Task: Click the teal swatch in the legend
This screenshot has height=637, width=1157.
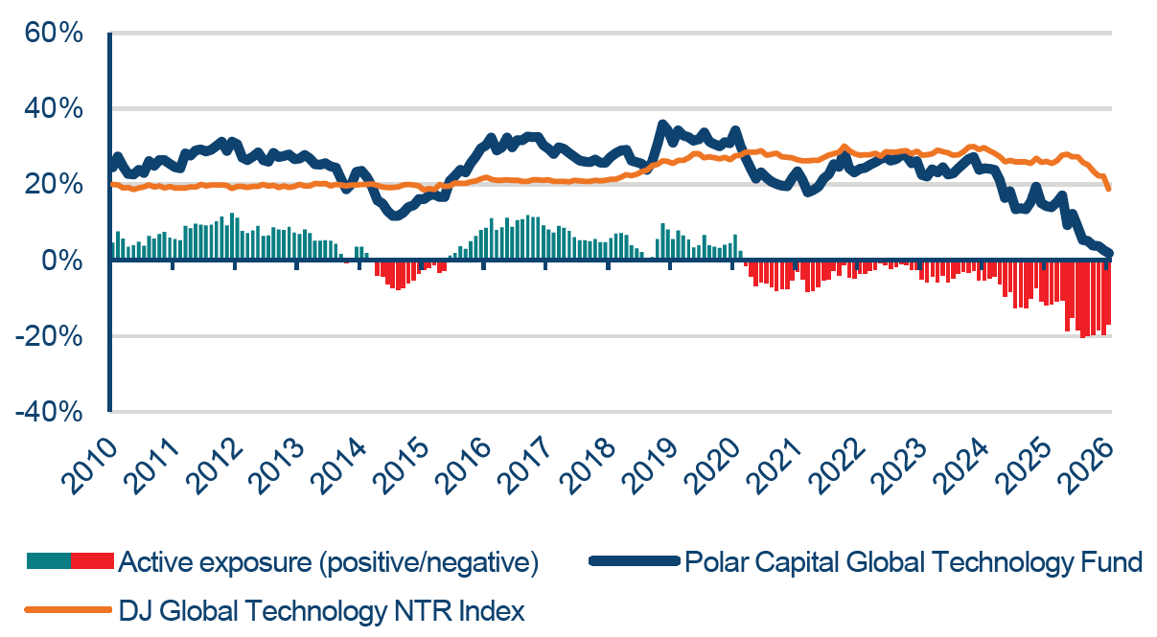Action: [x=48, y=562]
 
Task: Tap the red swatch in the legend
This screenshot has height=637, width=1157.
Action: [x=92, y=562]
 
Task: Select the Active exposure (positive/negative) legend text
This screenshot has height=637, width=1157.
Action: [x=328, y=562]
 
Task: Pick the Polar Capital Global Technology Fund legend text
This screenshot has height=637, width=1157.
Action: [x=914, y=562]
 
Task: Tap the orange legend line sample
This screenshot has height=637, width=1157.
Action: [x=69, y=610]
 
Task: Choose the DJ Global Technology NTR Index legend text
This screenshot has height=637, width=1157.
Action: [x=321, y=610]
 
